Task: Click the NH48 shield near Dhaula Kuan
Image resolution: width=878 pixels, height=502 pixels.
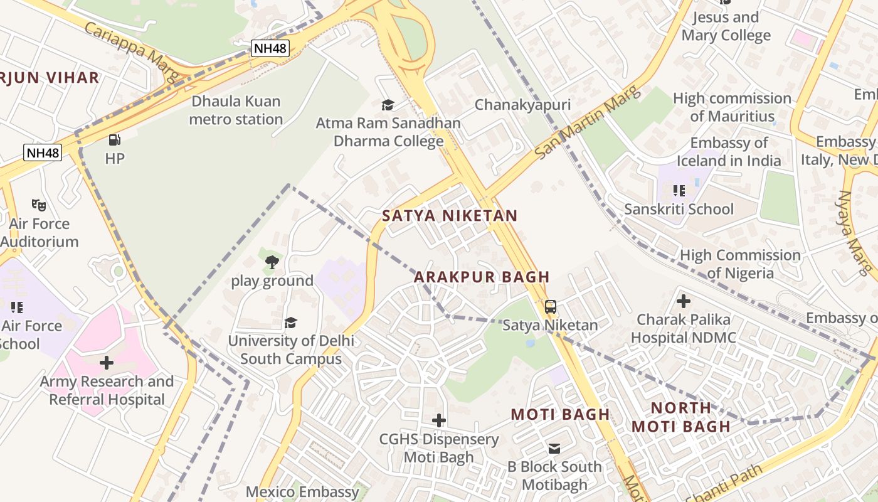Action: point(270,48)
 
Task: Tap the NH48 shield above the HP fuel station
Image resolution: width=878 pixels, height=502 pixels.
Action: point(43,152)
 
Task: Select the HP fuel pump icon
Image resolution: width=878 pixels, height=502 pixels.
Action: point(114,140)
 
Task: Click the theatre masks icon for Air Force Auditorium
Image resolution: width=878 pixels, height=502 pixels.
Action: point(39,205)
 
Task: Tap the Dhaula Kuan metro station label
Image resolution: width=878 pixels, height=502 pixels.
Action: point(236,110)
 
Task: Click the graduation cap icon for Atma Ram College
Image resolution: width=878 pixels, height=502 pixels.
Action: point(388,104)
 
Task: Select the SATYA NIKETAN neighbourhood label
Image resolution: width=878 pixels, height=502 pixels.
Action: point(450,216)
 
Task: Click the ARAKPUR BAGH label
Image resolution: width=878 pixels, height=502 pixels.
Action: point(482,277)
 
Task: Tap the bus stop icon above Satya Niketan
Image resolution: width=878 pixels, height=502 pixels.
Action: point(550,307)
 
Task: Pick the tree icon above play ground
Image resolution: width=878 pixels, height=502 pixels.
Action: point(272,262)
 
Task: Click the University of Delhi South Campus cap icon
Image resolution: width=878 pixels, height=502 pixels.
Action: point(290,323)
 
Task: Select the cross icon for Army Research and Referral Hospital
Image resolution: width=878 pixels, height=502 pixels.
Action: point(107,362)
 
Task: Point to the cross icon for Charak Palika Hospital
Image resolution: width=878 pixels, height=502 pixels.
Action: point(684,301)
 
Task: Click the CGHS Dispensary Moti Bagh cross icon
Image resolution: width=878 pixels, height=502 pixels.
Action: point(439,420)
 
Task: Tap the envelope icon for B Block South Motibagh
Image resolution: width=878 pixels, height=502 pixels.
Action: point(554,448)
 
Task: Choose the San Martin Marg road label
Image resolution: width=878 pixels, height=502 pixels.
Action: point(588,122)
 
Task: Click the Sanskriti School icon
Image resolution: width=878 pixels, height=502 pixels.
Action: point(678,190)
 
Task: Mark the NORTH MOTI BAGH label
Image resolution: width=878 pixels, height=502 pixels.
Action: point(680,417)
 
